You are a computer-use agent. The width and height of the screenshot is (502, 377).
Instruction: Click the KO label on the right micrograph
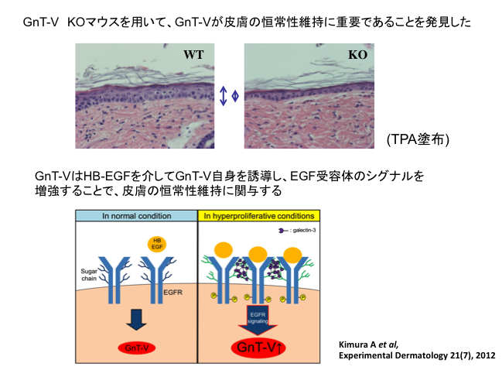357,55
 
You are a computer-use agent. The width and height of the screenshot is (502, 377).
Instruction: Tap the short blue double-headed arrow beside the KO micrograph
235,95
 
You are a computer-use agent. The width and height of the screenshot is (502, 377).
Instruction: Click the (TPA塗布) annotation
418,139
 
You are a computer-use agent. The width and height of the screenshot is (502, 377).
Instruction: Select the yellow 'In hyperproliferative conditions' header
258,215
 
